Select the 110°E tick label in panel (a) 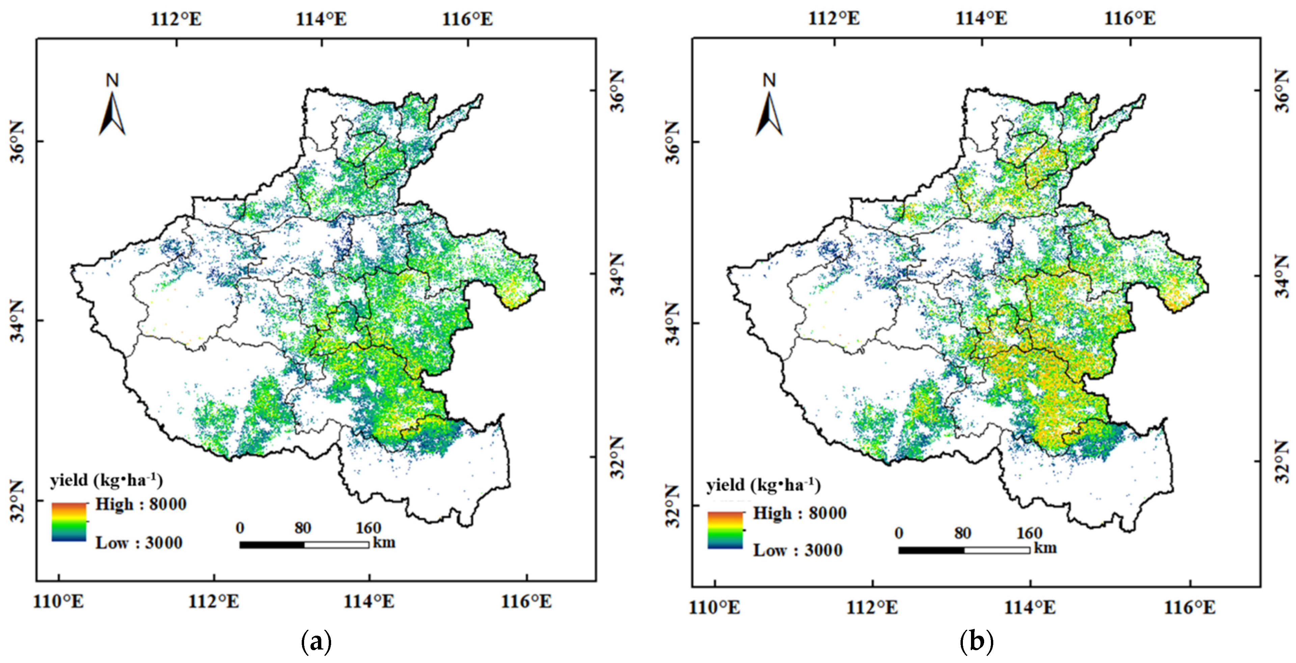[59, 601]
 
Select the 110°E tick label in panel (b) [715, 607]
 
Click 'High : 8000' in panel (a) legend [141, 504]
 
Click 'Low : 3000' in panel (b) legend [798, 550]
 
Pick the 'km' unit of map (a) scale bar [384, 543]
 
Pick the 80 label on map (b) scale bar [963, 533]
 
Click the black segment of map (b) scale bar [931, 550]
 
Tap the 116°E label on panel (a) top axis [467, 19]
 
